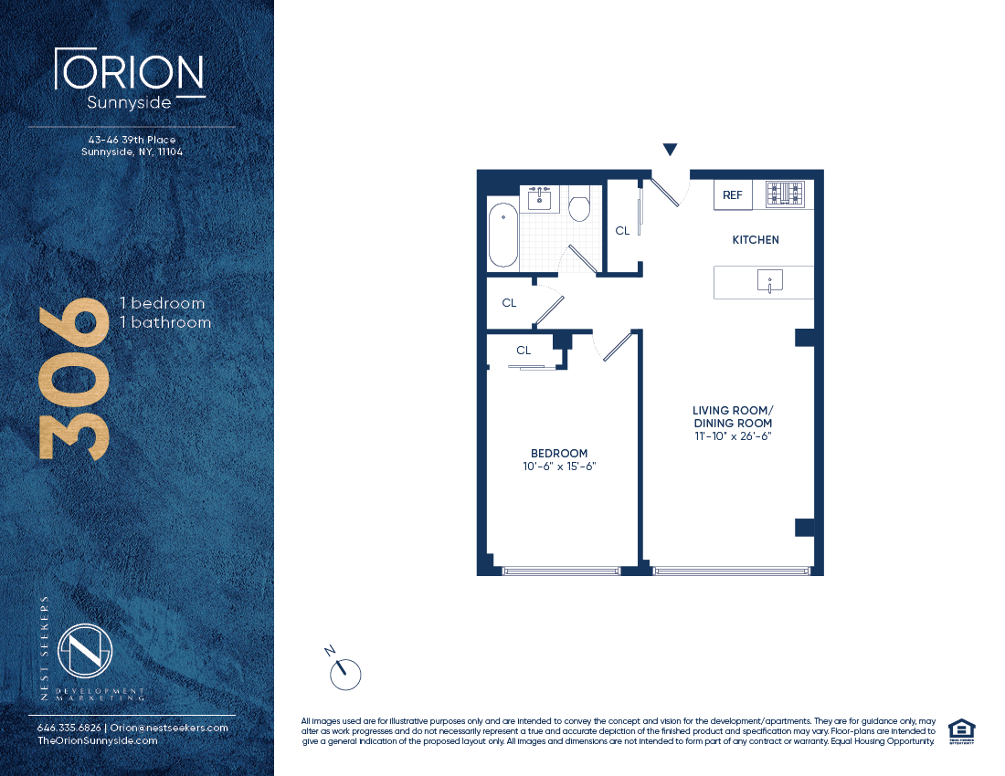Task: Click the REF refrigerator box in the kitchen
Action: tap(733, 194)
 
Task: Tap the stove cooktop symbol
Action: tap(785, 194)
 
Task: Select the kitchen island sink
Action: tap(770, 280)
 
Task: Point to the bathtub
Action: tap(503, 235)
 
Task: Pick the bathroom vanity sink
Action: tap(539, 199)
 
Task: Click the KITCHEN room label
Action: tap(756, 240)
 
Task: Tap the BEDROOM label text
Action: tap(559, 454)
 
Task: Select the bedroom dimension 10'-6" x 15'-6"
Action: tap(559, 467)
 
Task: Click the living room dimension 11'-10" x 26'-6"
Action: tap(734, 436)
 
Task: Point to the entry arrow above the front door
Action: tap(671, 149)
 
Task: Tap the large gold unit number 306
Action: tap(74, 379)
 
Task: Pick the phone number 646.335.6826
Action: tap(69, 728)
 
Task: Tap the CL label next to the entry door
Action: tap(622, 230)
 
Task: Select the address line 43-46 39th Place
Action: tap(132, 140)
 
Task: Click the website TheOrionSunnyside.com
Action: tap(98, 740)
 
